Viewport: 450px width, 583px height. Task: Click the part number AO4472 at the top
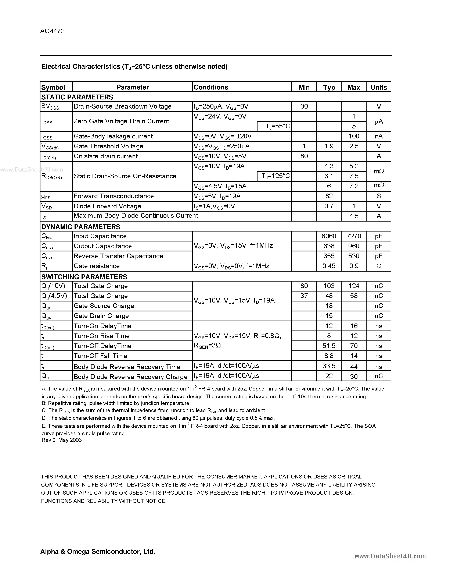click(52, 31)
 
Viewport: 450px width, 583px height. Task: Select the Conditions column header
click(211, 87)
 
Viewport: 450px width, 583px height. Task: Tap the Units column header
click(379, 87)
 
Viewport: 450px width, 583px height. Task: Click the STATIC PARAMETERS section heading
click(77, 97)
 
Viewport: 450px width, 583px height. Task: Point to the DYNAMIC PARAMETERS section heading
click(80, 227)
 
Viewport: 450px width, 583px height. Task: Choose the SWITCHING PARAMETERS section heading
click(84, 276)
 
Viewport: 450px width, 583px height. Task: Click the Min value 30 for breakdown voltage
click(304, 106)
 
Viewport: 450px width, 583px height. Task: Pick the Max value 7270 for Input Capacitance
click(354, 236)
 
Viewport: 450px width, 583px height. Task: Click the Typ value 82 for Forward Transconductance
click(329, 196)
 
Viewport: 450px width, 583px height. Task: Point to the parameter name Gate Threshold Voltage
click(108, 146)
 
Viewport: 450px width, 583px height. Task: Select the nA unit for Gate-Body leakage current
click(379, 136)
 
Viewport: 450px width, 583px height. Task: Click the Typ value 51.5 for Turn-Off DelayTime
click(329, 346)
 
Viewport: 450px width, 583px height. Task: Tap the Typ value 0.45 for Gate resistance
click(329, 266)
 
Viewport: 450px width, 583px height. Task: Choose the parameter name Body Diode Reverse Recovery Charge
click(130, 377)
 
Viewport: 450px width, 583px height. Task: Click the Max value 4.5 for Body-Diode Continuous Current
click(354, 216)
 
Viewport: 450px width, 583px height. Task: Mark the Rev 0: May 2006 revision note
click(62, 440)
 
